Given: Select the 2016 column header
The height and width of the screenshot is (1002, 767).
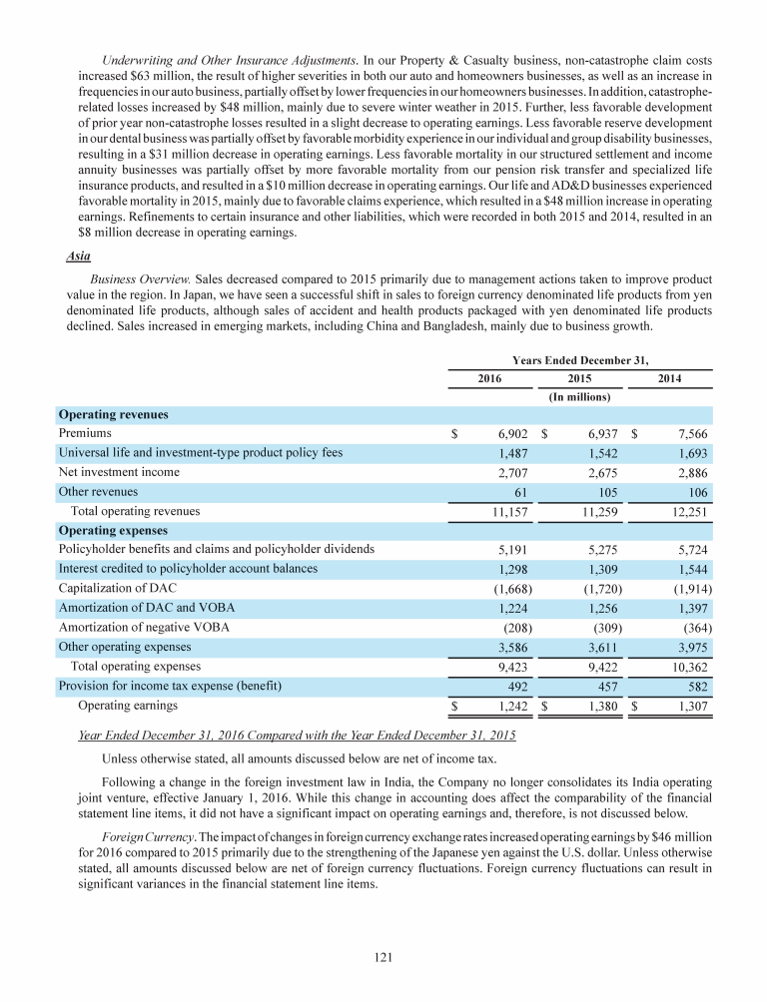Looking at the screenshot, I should coord(488,378).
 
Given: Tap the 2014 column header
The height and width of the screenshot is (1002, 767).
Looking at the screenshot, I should coord(670,378).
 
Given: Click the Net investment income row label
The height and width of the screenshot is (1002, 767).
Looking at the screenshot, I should coord(119,472).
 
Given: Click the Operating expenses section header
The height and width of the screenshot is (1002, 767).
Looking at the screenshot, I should coord(113,530).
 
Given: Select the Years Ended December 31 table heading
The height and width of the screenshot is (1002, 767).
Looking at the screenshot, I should coord(579,359).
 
